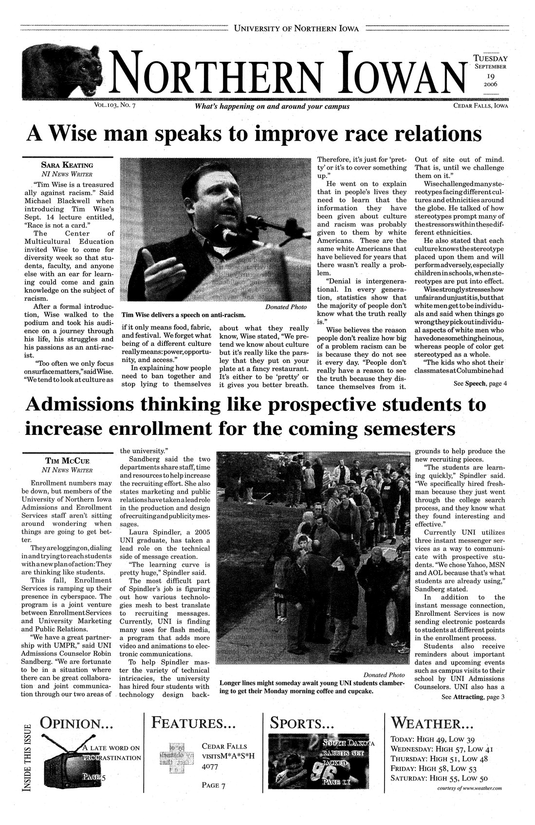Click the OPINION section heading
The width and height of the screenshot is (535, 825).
[77, 723]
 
